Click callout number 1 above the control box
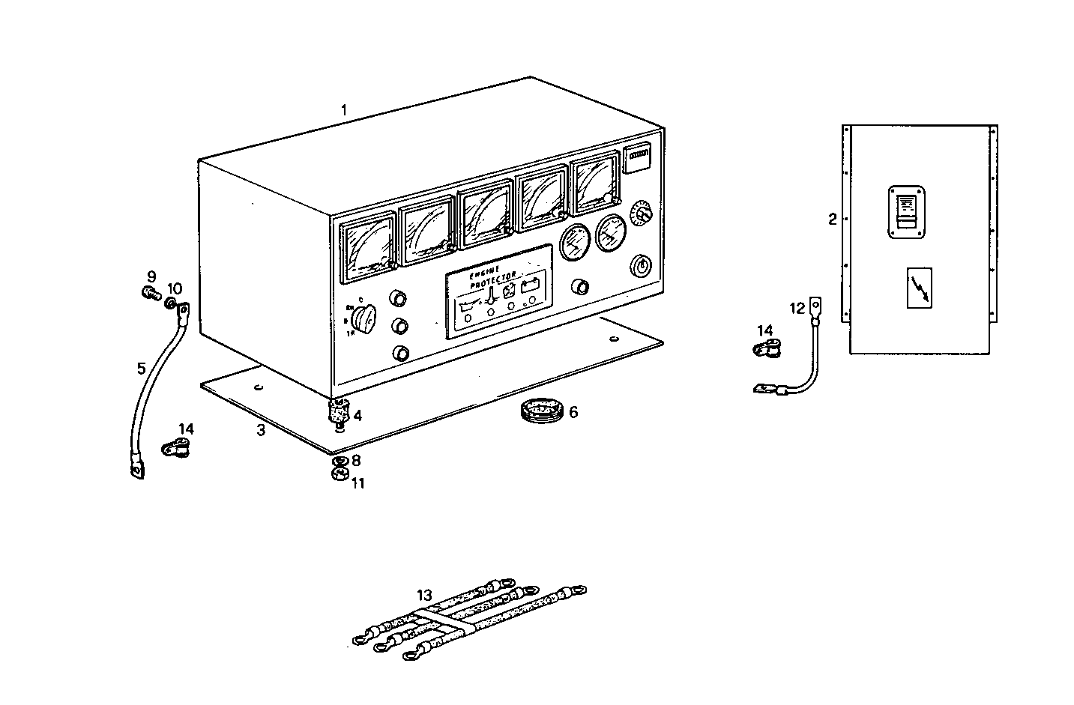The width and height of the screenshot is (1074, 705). coord(343,110)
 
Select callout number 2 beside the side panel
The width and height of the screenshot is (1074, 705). coord(832,220)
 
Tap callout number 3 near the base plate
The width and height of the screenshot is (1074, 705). coord(261,430)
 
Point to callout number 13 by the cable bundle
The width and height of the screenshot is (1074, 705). coord(425,596)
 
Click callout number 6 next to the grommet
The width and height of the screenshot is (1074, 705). coord(573,412)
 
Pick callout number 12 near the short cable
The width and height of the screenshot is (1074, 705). coord(797,307)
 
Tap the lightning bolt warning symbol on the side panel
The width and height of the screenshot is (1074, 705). coord(920,287)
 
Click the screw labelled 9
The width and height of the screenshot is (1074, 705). coord(151,293)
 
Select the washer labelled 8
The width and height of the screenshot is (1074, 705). coord(339,460)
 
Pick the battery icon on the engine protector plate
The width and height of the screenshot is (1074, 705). coord(533,285)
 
